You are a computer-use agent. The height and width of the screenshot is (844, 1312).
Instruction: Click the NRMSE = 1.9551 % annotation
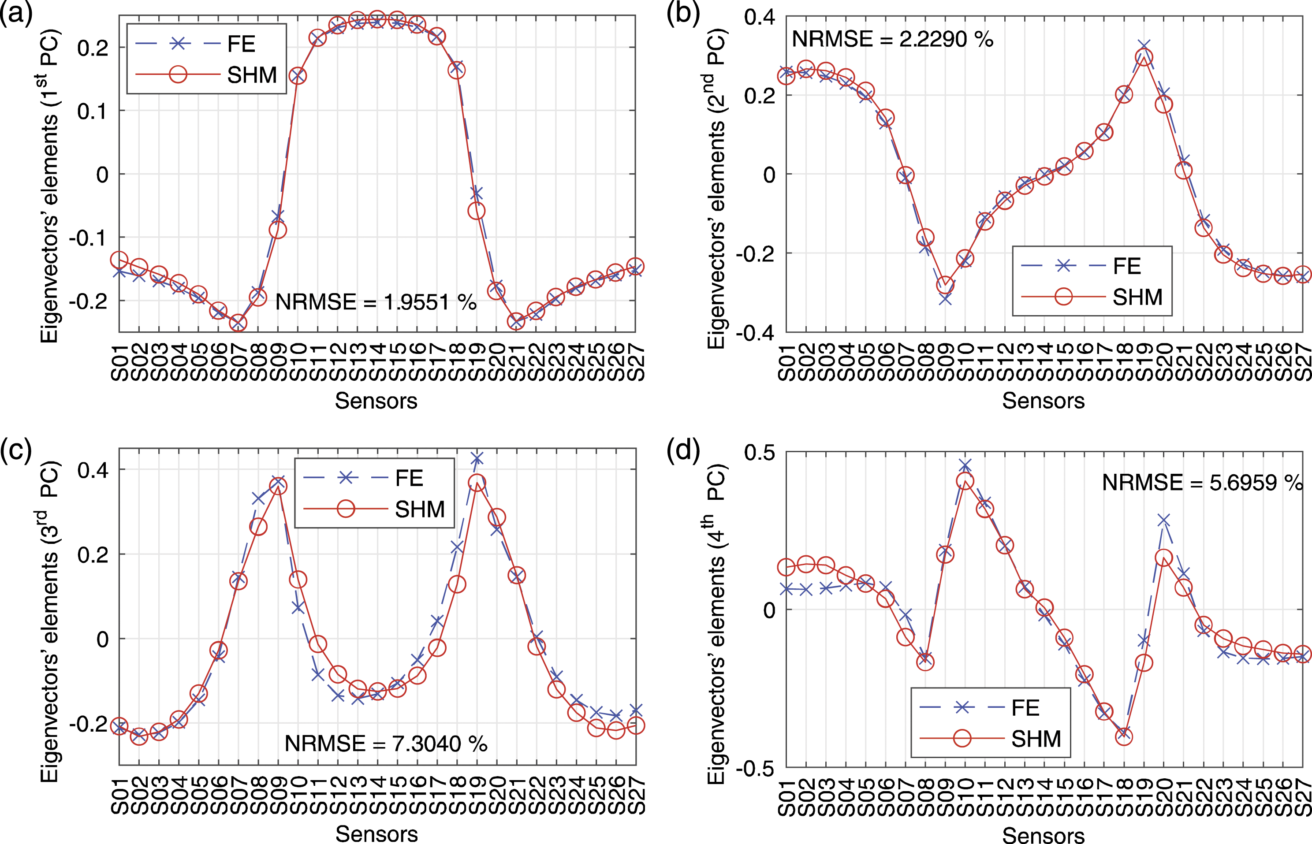(x=376, y=302)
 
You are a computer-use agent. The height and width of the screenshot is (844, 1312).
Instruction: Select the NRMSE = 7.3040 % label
(x=386, y=744)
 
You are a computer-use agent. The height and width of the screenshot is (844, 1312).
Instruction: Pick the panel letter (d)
(x=683, y=450)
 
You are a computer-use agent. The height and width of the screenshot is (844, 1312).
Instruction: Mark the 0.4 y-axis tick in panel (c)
(x=93, y=470)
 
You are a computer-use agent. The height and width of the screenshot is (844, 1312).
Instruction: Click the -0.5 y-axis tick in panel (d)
(x=756, y=768)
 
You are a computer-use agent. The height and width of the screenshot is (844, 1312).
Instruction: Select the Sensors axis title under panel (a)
(x=376, y=401)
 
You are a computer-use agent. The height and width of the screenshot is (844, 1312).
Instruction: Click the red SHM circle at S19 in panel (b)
(x=1144, y=57)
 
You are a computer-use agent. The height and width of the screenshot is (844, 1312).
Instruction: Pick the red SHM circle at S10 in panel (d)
(x=965, y=481)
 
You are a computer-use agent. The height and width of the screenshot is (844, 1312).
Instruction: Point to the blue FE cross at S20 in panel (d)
(x=1163, y=520)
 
